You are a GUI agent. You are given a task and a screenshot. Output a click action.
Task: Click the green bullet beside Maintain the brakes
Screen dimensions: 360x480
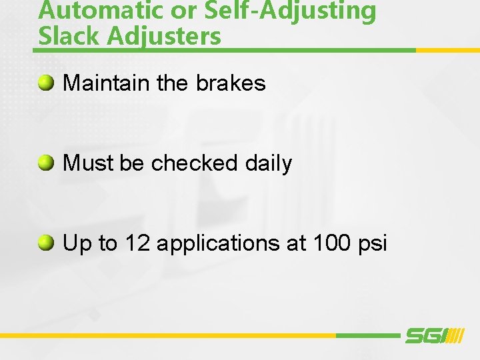(x=46, y=83)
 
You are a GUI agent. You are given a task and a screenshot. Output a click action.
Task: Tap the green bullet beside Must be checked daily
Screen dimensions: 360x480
(x=46, y=163)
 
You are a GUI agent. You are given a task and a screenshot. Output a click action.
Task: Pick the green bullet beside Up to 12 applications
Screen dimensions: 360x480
(x=46, y=243)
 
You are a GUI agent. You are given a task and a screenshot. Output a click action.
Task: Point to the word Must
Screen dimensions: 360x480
(x=88, y=163)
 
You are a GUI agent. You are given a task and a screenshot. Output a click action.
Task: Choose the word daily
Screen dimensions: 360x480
(x=268, y=164)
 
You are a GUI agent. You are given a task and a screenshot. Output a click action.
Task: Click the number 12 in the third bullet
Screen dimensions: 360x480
(x=137, y=243)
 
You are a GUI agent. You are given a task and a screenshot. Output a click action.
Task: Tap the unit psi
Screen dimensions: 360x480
(x=372, y=244)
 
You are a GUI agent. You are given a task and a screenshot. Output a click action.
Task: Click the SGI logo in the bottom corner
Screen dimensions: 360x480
(x=434, y=335)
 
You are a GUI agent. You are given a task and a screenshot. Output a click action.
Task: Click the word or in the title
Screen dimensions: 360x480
(x=169, y=11)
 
